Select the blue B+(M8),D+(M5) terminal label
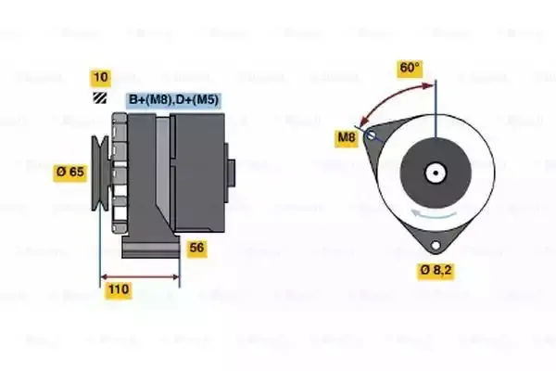[x=173, y=99]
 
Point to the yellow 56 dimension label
[x=196, y=248]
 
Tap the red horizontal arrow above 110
[x=140, y=275]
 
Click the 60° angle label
[x=409, y=68]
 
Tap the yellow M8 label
[x=346, y=138]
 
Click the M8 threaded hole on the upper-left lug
[x=373, y=136]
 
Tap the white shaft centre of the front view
[x=433, y=172]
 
